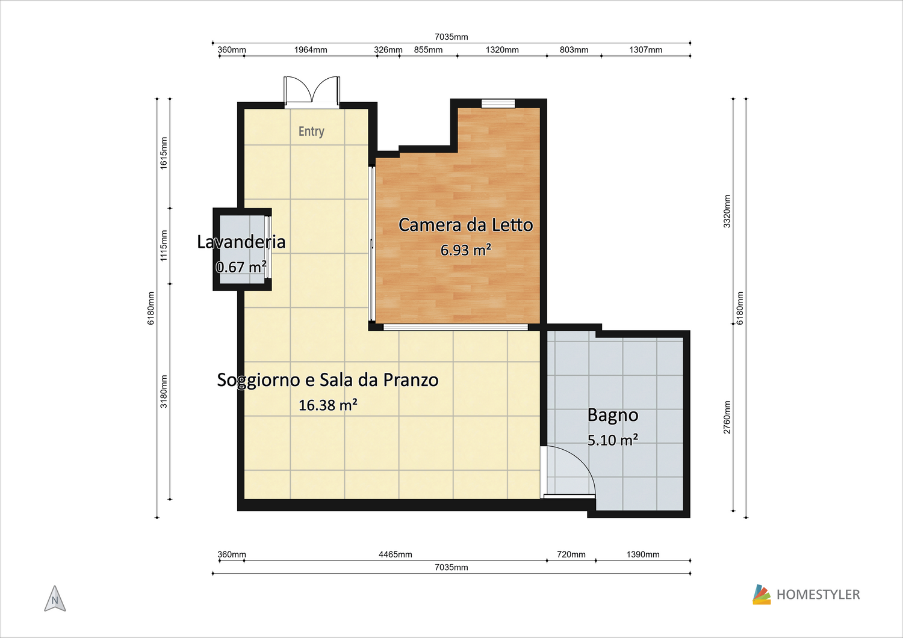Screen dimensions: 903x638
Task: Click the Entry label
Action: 311,131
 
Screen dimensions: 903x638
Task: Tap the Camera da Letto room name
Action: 465,225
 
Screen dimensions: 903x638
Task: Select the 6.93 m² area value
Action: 465,250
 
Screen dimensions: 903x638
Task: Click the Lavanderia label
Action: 241,242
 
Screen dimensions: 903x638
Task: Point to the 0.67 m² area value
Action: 241,266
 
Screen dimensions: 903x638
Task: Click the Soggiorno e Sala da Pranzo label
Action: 327,380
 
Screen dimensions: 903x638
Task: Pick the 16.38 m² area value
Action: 327,405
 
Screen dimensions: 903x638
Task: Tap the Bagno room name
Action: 613,416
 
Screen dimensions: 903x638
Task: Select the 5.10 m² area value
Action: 613,440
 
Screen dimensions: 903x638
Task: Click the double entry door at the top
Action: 312,92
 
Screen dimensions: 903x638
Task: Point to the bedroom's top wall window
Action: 498,103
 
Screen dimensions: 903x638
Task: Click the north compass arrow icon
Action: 55,598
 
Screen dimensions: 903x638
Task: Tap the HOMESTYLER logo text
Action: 818,595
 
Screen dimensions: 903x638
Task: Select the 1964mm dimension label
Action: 311,50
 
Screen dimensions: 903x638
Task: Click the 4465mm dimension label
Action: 395,554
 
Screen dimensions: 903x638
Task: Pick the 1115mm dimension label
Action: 163,246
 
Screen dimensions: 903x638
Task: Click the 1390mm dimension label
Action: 643,554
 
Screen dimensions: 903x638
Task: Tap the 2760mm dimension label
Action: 727,417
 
